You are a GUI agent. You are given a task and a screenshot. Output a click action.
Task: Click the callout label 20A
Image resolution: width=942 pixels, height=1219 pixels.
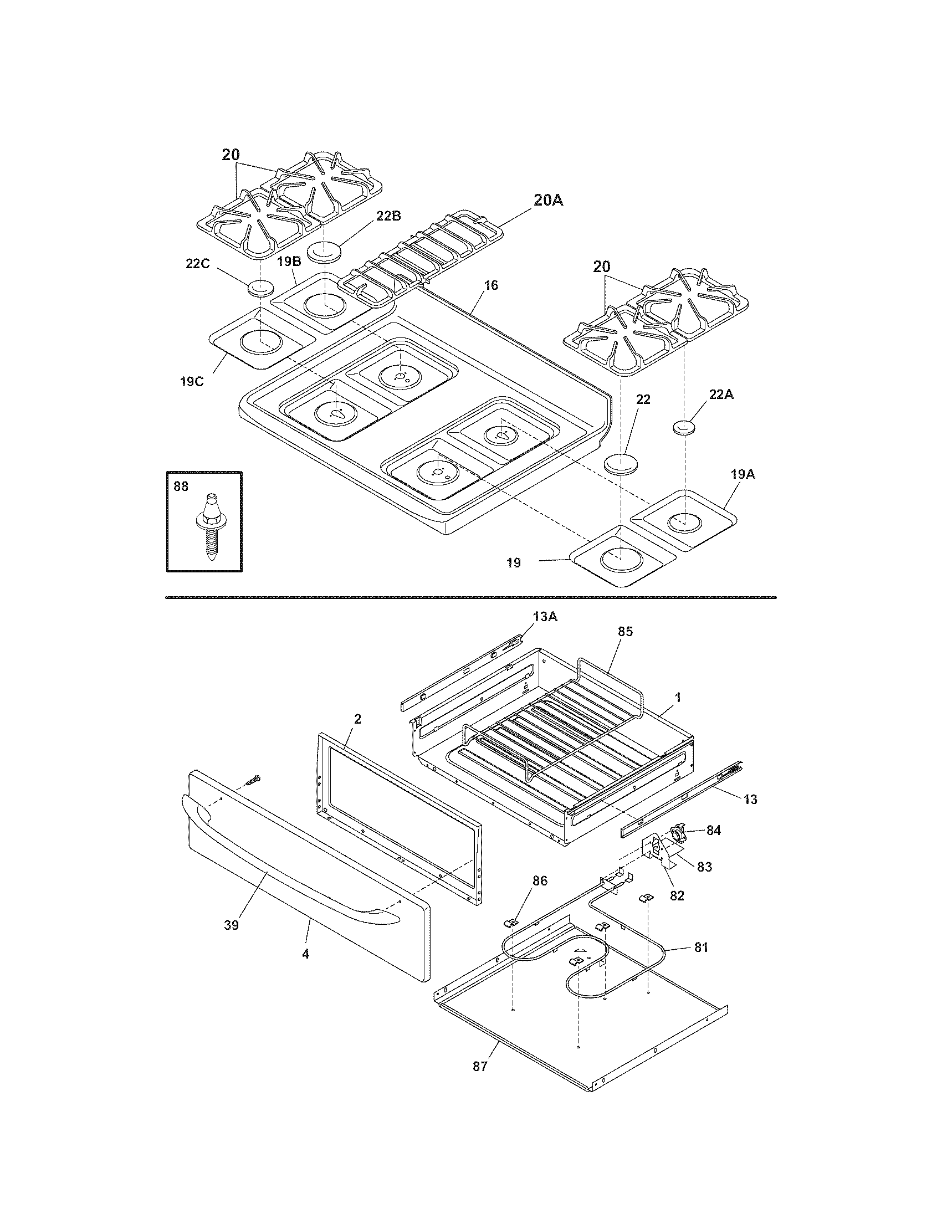point(548,201)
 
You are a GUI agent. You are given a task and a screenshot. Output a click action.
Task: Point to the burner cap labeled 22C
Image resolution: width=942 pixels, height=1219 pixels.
point(260,289)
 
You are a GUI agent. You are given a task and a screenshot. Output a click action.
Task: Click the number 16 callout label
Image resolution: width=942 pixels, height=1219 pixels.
point(490,285)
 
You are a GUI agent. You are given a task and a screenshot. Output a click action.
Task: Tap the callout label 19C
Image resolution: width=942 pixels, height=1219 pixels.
point(191,382)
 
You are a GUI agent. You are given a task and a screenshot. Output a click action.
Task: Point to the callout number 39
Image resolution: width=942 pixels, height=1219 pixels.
point(231,925)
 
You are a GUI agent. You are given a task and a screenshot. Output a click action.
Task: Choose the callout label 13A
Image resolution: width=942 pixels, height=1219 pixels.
point(545,616)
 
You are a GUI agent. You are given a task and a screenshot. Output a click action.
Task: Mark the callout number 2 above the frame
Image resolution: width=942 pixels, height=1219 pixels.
point(357,719)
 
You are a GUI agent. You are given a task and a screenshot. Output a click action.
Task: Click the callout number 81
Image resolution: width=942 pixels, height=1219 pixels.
point(701,946)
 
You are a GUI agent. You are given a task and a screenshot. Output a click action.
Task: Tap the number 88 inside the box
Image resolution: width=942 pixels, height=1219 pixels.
point(181,486)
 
